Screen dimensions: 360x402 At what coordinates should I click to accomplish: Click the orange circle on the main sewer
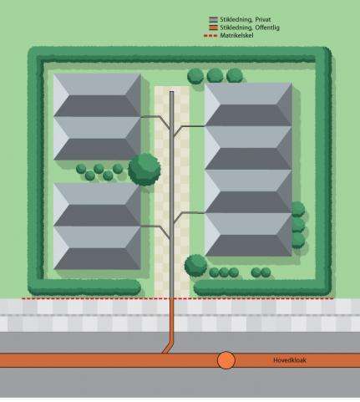pyautogui.click(x=226, y=360)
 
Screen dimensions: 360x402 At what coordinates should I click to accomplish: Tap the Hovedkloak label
pyautogui.click(x=290, y=360)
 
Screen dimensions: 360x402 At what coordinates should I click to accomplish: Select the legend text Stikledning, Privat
pyautogui.click(x=246, y=19)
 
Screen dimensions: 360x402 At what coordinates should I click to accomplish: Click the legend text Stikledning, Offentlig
pyautogui.click(x=250, y=28)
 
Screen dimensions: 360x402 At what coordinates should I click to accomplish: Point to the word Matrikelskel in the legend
pyautogui.click(x=236, y=36)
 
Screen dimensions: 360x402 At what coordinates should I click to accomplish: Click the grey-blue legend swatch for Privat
pyautogui.click(x=213, y=19)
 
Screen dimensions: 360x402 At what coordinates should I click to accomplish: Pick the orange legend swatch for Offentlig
pyautogui.click(x=213, y=28)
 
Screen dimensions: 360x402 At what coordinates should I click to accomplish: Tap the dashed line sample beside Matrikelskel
pyautogui.click(x=210, y=36)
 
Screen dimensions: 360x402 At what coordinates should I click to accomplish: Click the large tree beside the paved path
pyautogui.click(x=145, y=170)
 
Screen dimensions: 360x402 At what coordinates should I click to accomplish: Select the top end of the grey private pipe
pyautogui.click(x=172, y=92)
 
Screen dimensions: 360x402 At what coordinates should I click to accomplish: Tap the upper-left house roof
pyautogui.click(x=97, y=117)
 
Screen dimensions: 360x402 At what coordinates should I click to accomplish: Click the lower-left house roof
pyautogui.click(x=97, y=226)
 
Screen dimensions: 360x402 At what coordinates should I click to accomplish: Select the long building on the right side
pyautogui.click(x=248, y=170)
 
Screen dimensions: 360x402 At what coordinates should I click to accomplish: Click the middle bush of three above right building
pyautogui.click(x=215, y=75)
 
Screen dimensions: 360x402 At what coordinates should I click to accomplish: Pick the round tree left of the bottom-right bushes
pyautogui.click(x=195, y=266)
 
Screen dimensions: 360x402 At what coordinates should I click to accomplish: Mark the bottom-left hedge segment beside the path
pyautogui.click(x=84, y=288)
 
